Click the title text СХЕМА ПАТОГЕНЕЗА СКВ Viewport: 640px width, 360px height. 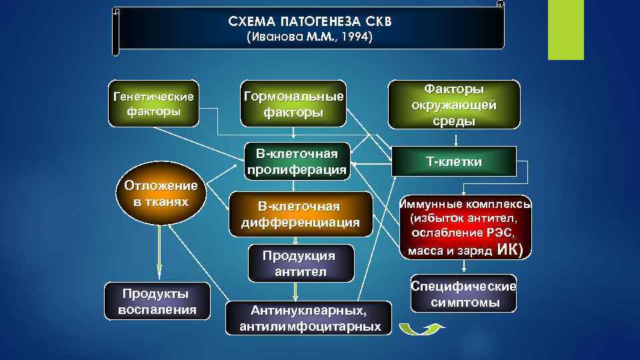310,21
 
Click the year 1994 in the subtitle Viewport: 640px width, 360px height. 358,37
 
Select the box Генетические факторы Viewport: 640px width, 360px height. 154,103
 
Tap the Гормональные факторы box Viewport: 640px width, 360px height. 293,105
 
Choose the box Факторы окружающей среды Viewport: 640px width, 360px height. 454,105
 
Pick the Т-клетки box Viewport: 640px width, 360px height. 454,162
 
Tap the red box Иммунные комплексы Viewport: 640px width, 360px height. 466,227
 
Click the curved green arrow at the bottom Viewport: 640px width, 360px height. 422,327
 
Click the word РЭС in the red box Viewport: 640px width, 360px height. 501,233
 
